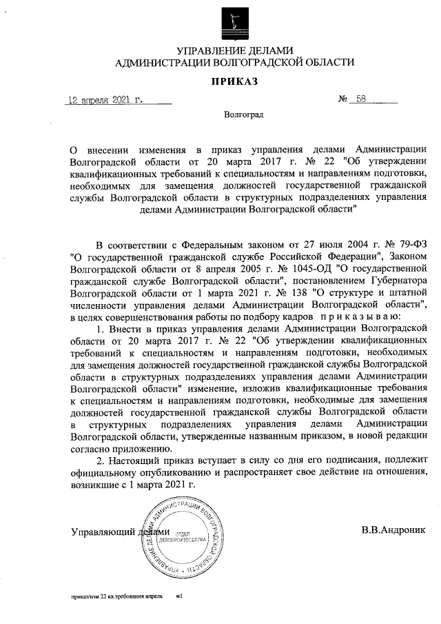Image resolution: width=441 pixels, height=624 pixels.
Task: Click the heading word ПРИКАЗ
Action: point(234,82)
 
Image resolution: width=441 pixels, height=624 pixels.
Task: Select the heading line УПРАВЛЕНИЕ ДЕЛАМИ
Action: point(235,50)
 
